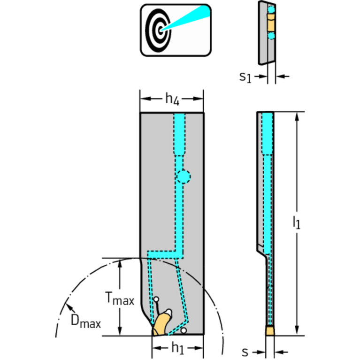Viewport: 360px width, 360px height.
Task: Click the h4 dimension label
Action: click(171, 99)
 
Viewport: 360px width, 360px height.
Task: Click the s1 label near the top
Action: click(245, 77)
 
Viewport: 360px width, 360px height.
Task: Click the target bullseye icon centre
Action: click(161, 30)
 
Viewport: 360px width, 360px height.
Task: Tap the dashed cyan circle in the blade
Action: click(184, 176)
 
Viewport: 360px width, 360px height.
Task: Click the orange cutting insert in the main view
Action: click(161, 325)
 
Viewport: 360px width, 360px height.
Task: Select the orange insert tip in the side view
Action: click(269, 331)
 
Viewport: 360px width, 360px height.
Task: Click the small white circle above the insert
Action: click(156, 299)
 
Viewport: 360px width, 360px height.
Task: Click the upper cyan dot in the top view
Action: click(270, 9)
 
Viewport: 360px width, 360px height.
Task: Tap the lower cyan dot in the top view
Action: click(270, 35)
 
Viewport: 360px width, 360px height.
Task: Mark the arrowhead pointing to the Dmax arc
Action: click(69, 307)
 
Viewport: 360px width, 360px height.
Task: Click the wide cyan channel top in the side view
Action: click(268, 131)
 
